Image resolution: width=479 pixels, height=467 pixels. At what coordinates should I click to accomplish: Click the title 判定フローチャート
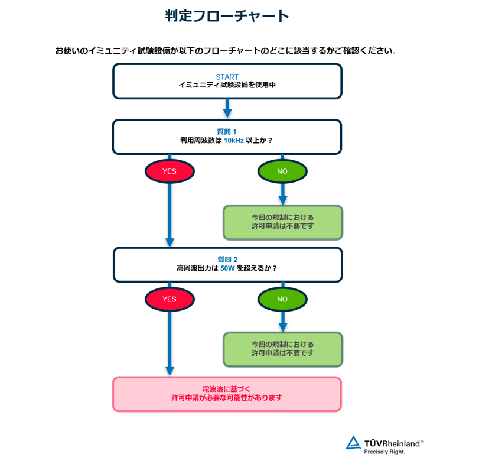point(227,17)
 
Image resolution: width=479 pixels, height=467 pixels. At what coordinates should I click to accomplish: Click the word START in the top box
point(227,77)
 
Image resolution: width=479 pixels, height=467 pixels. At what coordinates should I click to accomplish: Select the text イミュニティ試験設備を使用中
point(227,85)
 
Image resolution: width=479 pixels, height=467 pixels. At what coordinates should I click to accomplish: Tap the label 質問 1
point(227,132)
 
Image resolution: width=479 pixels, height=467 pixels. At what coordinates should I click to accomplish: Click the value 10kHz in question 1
point(233,141)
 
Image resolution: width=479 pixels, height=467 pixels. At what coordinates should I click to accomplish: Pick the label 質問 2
point(227,259)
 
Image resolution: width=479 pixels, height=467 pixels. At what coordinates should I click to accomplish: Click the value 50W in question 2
point(227,268)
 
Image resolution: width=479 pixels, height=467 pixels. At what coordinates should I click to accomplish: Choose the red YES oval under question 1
point(170,171)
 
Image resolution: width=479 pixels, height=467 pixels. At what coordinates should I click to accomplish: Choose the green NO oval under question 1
point(282,171)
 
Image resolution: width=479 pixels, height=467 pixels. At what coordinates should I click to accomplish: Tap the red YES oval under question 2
point(170,299)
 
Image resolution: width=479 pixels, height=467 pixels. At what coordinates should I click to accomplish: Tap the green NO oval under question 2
point(282,299)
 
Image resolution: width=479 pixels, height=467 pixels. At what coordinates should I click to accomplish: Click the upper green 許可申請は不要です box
point(282,222)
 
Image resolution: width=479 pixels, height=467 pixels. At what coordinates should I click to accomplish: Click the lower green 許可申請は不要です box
point(282,349)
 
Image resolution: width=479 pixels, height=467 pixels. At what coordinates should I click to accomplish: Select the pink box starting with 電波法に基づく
point(227,394)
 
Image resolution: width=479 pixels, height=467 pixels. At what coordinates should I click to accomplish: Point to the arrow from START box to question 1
point(227,109)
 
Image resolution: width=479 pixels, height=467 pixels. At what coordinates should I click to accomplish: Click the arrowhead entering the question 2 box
point(170,242)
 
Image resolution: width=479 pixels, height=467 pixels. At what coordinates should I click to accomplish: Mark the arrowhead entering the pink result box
point(170,371)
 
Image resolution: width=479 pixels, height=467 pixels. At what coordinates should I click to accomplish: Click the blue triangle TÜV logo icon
point(354,443)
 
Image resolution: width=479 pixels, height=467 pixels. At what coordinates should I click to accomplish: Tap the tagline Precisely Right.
point(384,452)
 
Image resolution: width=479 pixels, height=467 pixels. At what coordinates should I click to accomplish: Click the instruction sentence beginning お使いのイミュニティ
point(225,50)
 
